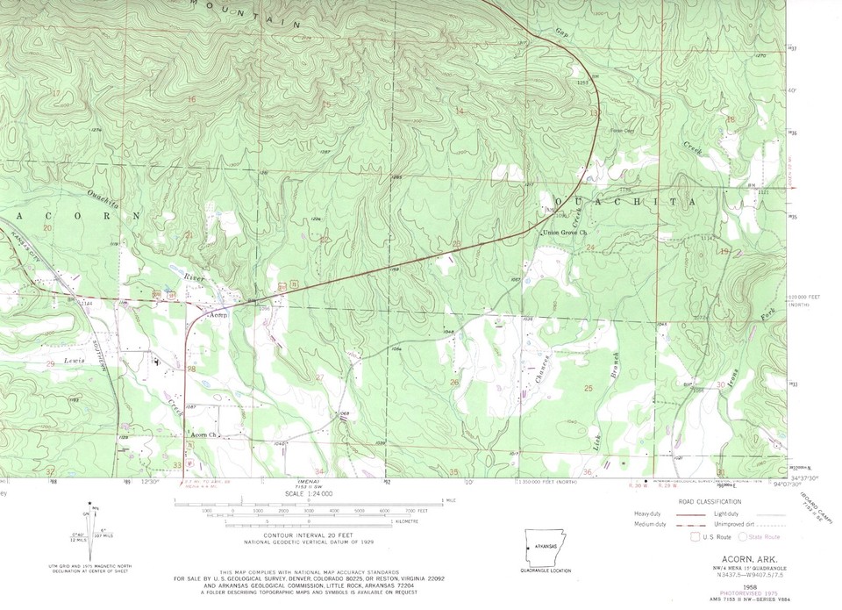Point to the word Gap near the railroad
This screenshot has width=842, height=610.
tap(561, 33)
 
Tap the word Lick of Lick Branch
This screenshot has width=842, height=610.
tap(599, 441)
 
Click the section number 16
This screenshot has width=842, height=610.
tap(191, 99)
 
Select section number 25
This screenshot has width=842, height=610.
tap(589, 387)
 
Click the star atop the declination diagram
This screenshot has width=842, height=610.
tap(89, 503)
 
